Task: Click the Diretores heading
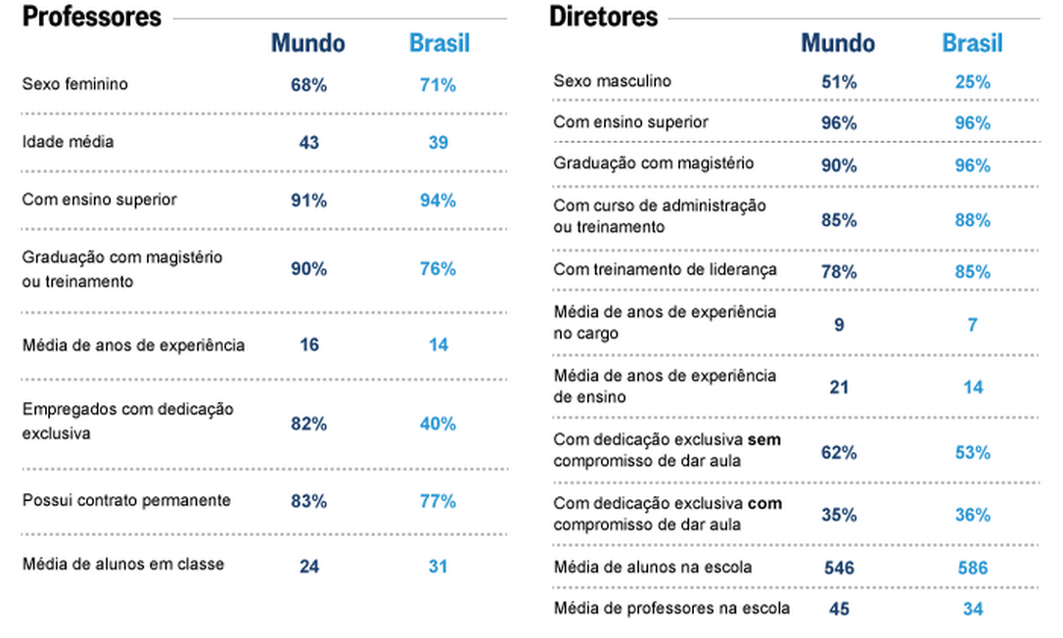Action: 604,17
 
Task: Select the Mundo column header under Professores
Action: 308,44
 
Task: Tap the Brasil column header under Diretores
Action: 972,43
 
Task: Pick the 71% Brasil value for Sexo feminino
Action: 439,85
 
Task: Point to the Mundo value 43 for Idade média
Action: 308,143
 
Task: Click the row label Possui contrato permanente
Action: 126,500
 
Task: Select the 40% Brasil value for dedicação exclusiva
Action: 439,424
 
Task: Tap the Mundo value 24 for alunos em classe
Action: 308,566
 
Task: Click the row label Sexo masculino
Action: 613,81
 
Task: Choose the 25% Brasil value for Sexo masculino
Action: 972,82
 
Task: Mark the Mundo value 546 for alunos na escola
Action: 839,568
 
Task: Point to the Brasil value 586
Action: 972,568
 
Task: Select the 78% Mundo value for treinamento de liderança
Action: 839,271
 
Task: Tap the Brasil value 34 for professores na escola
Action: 972,610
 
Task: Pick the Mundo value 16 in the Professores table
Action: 308,345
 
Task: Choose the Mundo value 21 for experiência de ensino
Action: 839,387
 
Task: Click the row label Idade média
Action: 68,142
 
